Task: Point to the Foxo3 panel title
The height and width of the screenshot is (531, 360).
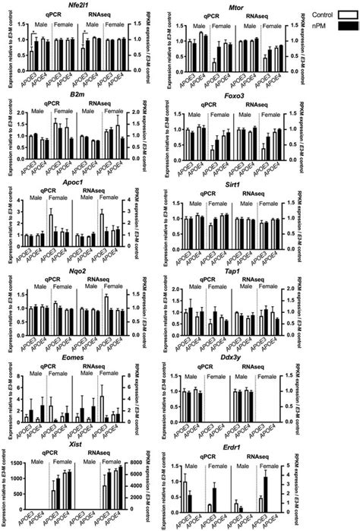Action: pyautogui.click(x=238, y=96)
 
